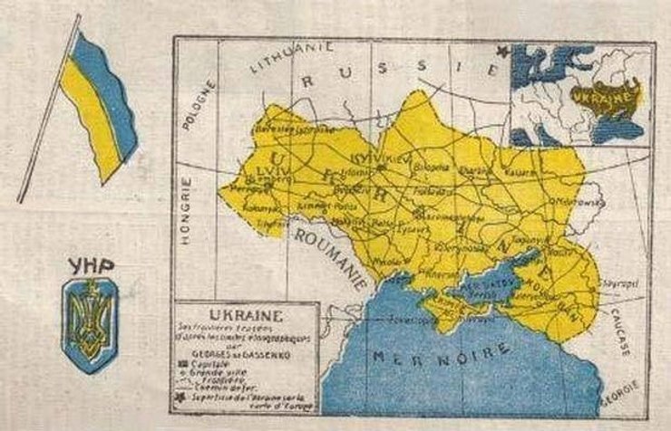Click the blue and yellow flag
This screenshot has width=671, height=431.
(x=95, y=100)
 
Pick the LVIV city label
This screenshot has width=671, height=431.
(x=250, y=168)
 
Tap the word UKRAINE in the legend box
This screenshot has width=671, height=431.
(x=246, y=316)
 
